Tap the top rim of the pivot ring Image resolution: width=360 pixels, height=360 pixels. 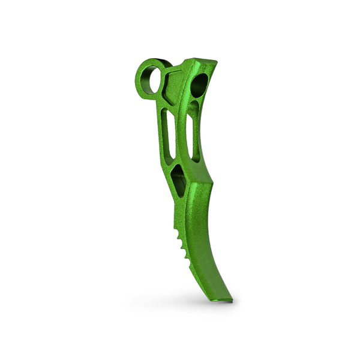(150, 62)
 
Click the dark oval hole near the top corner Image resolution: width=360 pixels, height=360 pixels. (201, 85)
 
